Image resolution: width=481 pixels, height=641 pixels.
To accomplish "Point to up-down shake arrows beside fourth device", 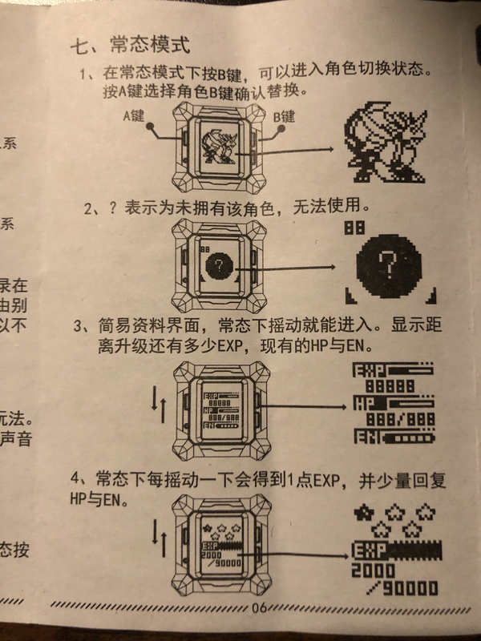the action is coord(160,538).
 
